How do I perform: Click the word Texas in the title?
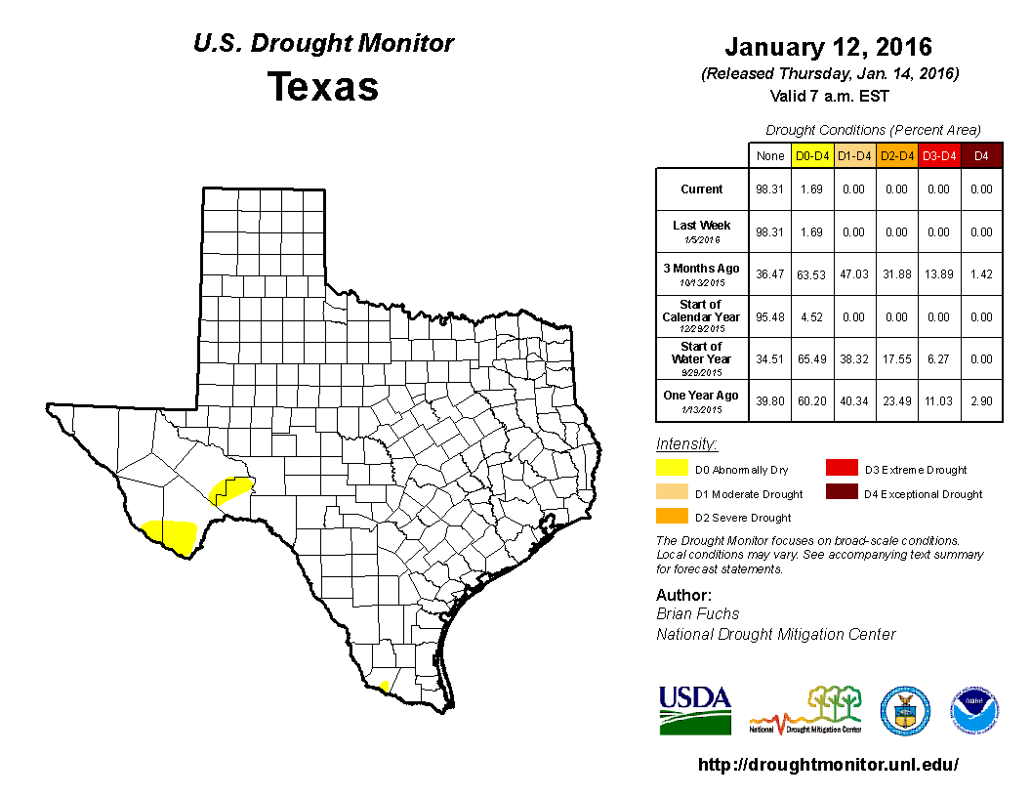tap(323, 86)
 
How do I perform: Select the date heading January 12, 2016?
tap(828, 47)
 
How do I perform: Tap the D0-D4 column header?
tap(811, 156)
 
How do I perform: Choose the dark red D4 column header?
tap(981, 156)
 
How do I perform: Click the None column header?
tap(769, 156)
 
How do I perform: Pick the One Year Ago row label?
tap(702, 396)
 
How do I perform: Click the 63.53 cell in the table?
tap(811, 273)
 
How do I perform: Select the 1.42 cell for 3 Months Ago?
tap(981, 273)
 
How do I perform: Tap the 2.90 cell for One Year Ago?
tap(981, 399)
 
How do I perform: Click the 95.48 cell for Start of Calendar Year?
tap(769, 316)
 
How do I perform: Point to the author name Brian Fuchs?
tap(697, 613)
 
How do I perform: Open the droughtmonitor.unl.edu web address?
tap(828, 765)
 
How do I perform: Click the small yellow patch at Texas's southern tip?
tap(385, 686)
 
